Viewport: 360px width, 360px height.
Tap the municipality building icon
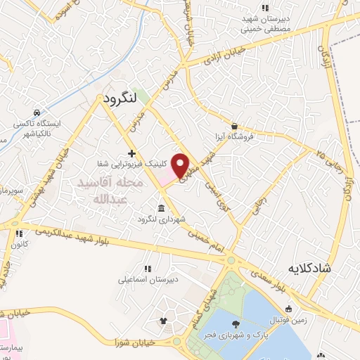[162, 209]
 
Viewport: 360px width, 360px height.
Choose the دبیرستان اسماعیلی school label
[148, 279]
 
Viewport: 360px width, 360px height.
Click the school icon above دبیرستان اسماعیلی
[147, 269]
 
